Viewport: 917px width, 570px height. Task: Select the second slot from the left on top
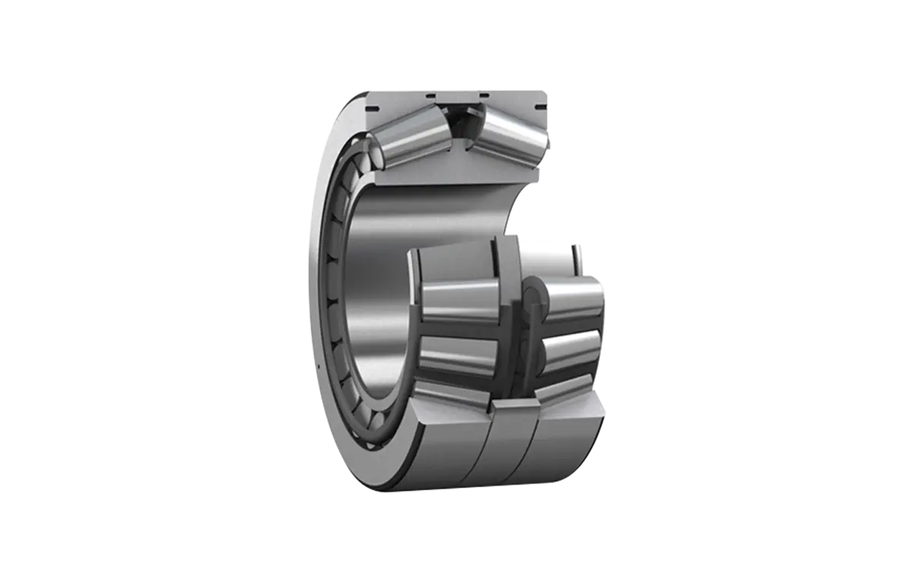430,96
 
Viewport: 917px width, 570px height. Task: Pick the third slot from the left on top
480,96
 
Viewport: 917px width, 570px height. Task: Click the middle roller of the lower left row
459,300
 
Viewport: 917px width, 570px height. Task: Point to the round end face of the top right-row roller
532,291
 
